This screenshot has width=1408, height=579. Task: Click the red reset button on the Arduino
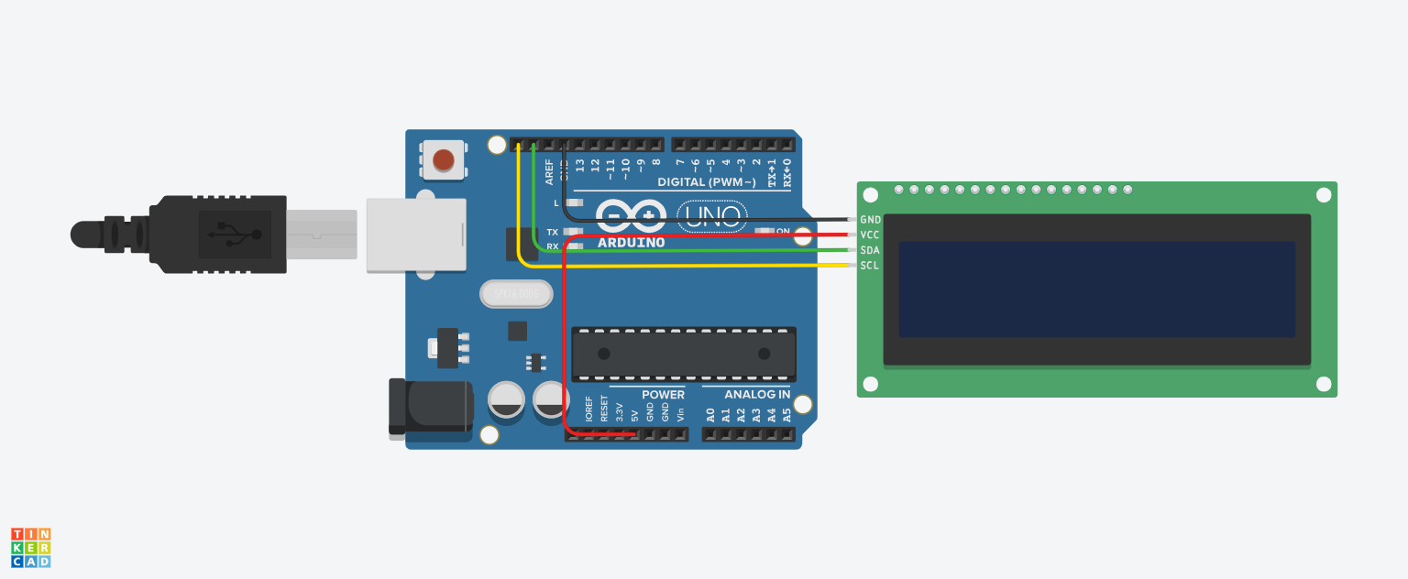coord(443,159)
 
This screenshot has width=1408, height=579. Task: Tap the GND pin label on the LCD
coord(870,220)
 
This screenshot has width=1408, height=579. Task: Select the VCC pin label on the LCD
coord(870,235)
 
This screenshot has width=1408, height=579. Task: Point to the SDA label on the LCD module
coord(870,250)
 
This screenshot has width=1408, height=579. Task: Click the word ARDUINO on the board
coord(632,243)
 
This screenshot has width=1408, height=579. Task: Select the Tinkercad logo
coord(31,547)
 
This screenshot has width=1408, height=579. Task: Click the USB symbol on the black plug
coord(234,234)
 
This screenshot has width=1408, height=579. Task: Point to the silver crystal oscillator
coord(517,294)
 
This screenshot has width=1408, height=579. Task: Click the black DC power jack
coord(429,406)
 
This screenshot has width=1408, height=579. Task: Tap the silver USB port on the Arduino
coord(416,235)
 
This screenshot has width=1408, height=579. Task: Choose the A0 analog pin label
coord(710,415)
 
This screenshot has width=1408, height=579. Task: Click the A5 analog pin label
coord(786,415)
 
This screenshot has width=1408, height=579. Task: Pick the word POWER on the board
coord(663,395)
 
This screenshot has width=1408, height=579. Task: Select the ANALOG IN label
coord(757,395)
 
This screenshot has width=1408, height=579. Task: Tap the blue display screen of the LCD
coord(1096,289)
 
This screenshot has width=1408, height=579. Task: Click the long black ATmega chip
coord(684,354)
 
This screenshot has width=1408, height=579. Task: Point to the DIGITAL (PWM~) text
coord(707,182)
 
